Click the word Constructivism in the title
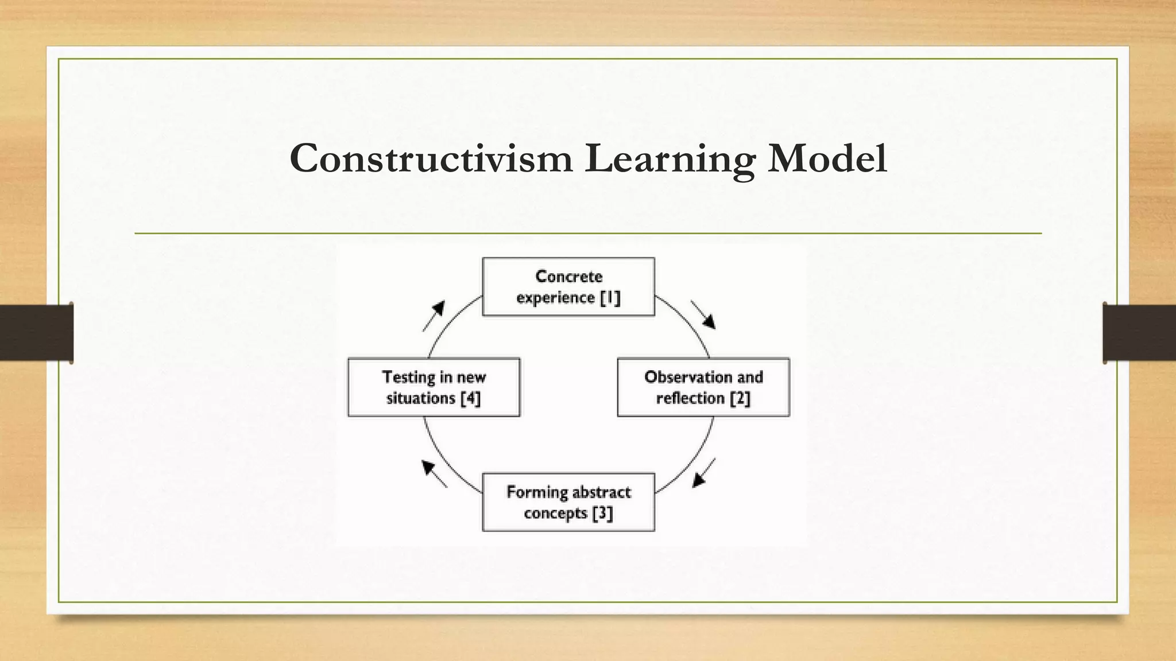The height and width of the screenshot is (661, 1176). point(431,158)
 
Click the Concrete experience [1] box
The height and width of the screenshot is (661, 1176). point(568,287)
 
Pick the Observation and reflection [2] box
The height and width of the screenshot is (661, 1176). point(703,387)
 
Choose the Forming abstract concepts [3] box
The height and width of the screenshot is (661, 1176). point(568,502)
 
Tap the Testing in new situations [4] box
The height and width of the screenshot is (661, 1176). point(434,387)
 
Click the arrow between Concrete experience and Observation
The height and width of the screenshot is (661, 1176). point(703,315)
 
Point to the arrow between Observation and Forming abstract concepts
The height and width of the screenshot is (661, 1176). point(704,473)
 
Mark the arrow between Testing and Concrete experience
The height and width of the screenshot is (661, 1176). point(434,316)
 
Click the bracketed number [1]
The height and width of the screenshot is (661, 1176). point(610,298)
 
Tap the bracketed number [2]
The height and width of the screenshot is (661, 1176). point(740,398)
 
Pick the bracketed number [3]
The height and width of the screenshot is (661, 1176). point(602,513)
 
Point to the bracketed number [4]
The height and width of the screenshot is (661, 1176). point(470,398)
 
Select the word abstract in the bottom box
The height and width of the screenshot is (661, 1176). point(601,492)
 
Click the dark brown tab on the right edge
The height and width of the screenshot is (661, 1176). point(1139,333)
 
